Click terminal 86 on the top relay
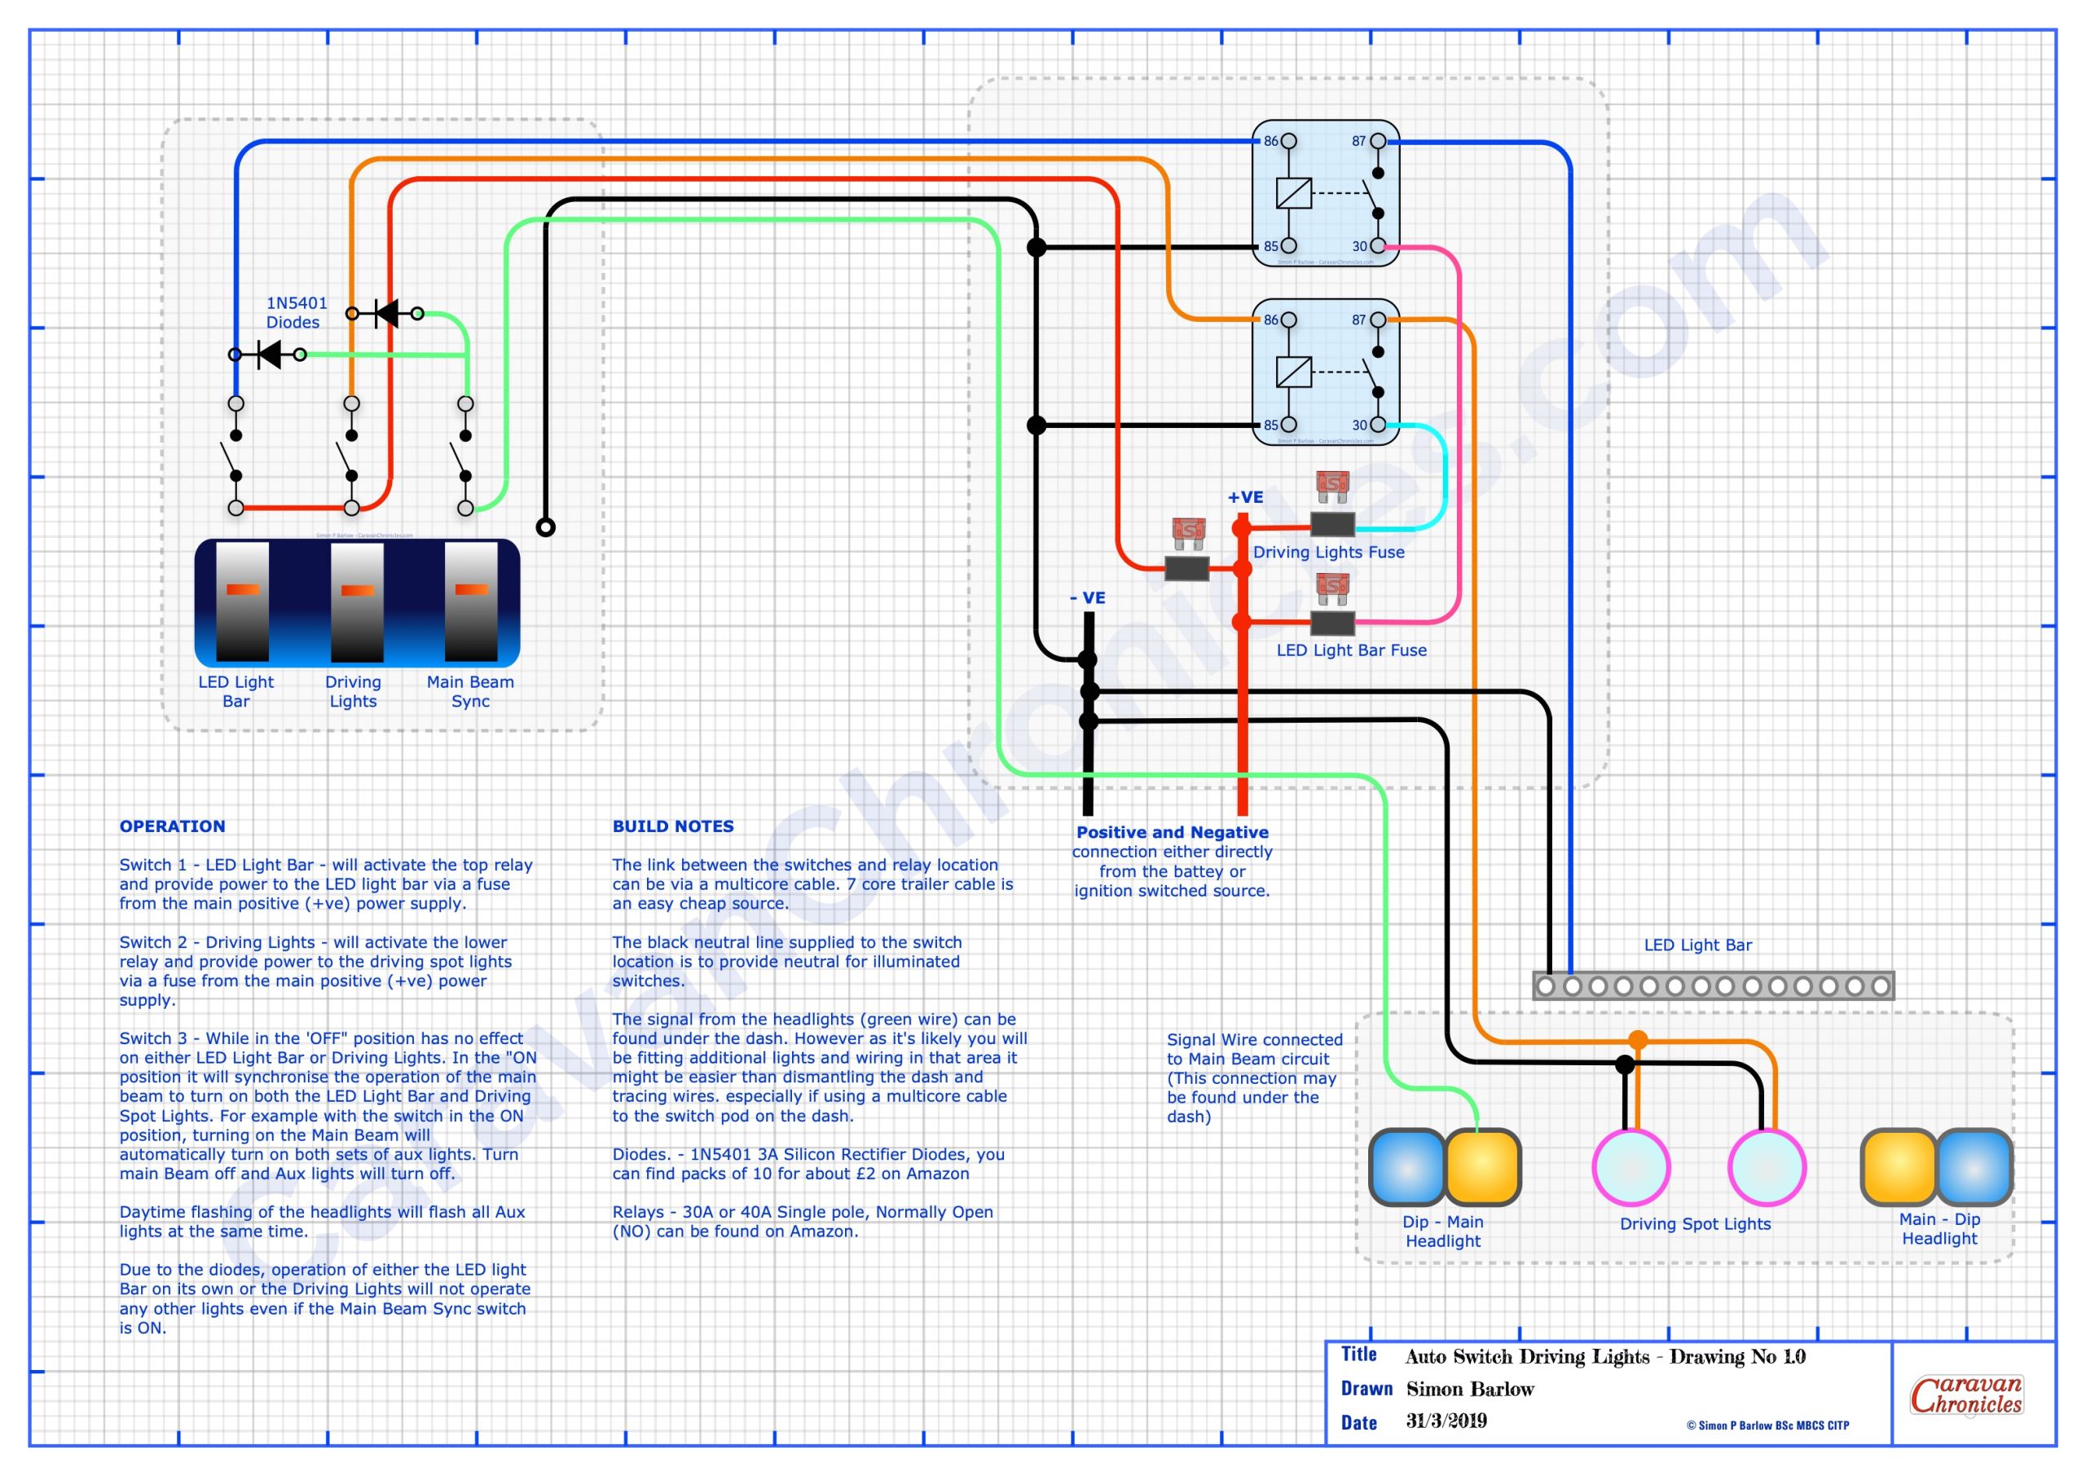[1288, 142]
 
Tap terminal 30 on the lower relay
[1377, 425]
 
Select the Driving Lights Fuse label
[1328, 552]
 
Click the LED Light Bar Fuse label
[1351, 650]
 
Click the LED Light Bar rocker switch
[243, 601]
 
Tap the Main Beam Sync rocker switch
[471, 601]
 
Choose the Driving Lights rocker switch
[357, 601]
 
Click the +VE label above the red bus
[1245, 497]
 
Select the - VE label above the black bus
[1088, 598]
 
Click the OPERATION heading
[173, 826]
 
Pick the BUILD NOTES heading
[672, 826]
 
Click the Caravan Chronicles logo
[1966, 1395]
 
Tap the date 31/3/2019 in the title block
[1446, 1421]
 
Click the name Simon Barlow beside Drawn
[1470, 1389]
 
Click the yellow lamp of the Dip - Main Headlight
[1482, 1167]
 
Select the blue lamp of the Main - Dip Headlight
[1974, 1167]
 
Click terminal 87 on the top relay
[1377, 142]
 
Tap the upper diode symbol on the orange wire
[387, 314]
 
